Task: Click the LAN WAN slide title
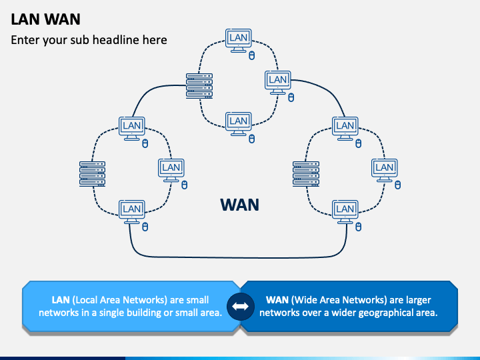tap(45, 19)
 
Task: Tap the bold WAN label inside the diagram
tap(240, 205)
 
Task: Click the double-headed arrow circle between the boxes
tap(241, 307)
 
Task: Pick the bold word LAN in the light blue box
tap(61, 300)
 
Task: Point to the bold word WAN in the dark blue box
tap(277, 300)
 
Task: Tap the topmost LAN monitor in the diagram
tap(239, 41)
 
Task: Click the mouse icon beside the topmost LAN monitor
tap(251, 56)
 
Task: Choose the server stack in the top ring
tap(199, 86)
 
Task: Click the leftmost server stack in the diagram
tap(93, 174)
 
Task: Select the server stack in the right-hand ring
tap(306, 174)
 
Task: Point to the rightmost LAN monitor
tap(385, 170)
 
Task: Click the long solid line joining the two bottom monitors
tap(239, 257)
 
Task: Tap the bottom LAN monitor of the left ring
tap(131, 212)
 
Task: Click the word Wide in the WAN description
tap(304, 300)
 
